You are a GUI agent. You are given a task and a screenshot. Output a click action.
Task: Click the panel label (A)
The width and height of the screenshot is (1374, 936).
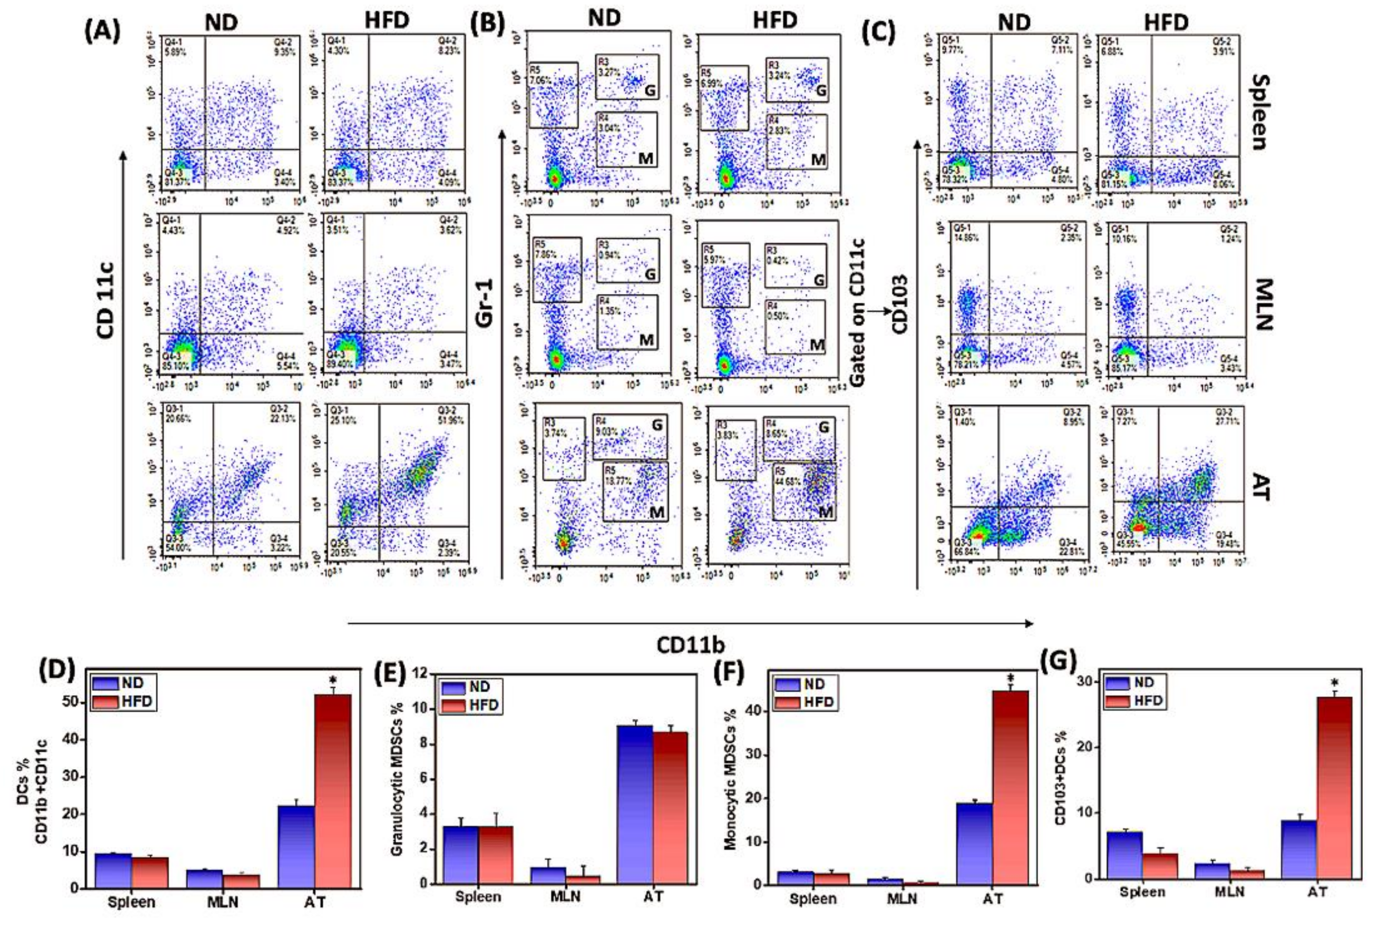(102, 31)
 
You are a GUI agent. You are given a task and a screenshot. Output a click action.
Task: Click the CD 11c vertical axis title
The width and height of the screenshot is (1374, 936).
(106, 300)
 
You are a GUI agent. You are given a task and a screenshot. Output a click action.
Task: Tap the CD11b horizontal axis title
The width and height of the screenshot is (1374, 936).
(691, 645)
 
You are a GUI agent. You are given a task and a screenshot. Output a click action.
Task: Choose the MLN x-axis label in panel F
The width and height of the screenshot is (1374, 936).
(903, 899)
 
